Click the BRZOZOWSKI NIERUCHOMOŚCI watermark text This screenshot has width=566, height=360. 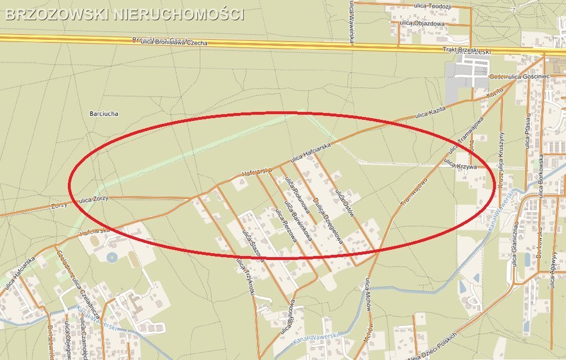click(124, 14)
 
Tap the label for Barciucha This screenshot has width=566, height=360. click(104, 114)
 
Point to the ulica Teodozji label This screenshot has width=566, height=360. click(434, 6)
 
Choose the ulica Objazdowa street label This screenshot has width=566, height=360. click(422, 24)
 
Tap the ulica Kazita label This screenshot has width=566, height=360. click(430, 111)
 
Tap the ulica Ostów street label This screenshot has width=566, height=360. click(346, 204)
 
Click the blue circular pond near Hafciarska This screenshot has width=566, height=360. click(111, 258)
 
